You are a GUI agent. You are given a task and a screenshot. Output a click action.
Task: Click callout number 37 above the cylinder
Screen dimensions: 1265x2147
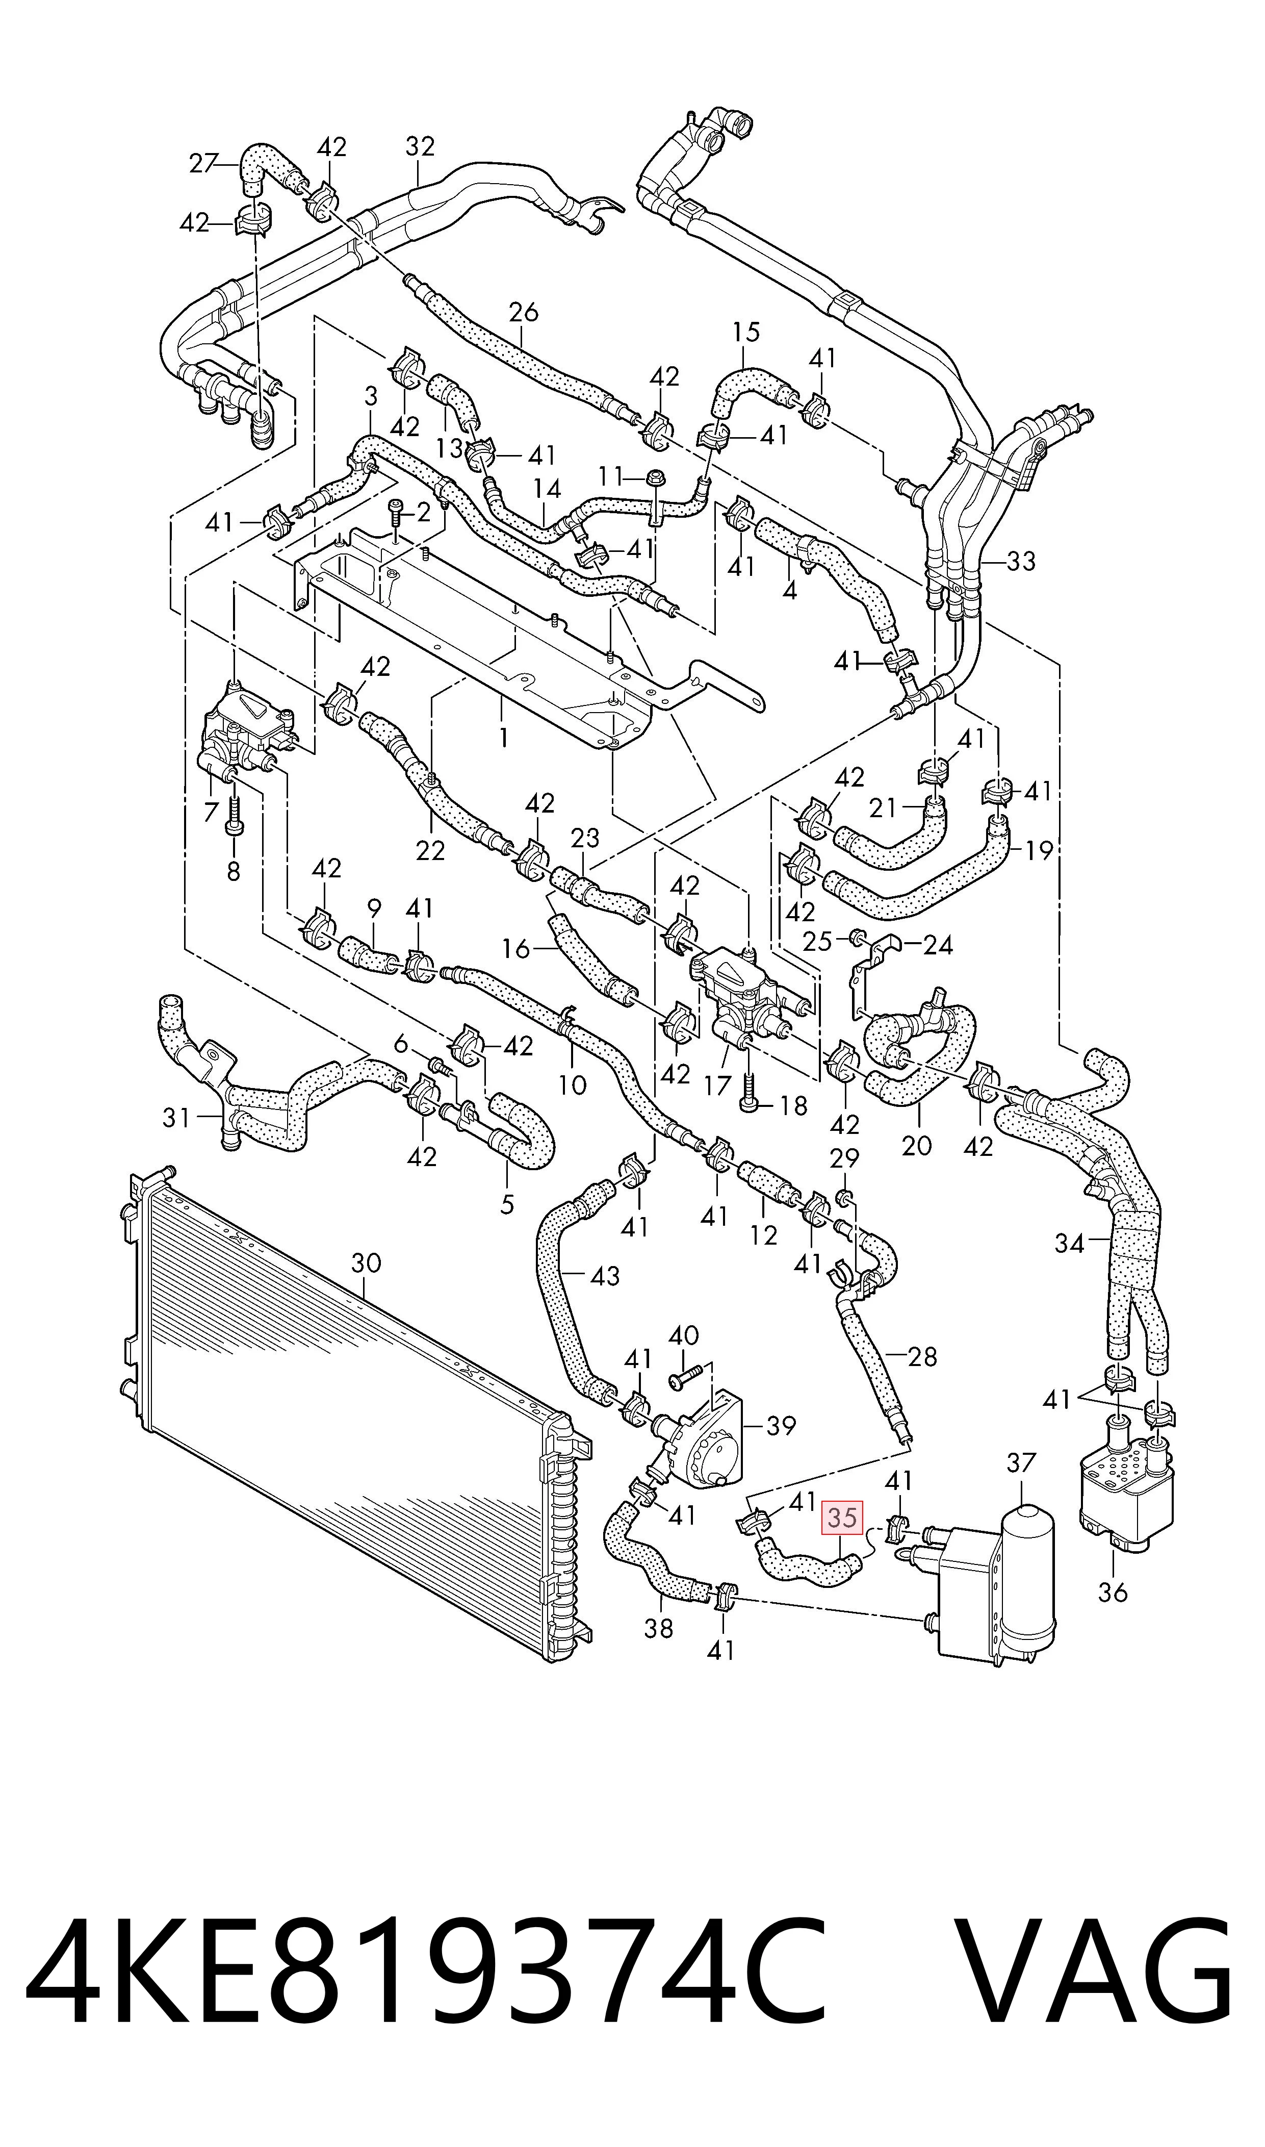pos(1021,1462)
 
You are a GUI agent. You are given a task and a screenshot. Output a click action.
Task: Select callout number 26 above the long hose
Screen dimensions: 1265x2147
pos(524,312)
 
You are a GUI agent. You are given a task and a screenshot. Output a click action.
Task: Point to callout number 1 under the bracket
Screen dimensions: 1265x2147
pos(504,737)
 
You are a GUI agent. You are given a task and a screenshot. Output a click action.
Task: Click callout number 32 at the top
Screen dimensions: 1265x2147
pos(420,147)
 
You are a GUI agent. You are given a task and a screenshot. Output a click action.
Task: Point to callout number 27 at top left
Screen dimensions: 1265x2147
pos(203,163)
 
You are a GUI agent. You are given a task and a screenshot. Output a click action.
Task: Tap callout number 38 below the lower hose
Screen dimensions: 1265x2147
pos(658,1629)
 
